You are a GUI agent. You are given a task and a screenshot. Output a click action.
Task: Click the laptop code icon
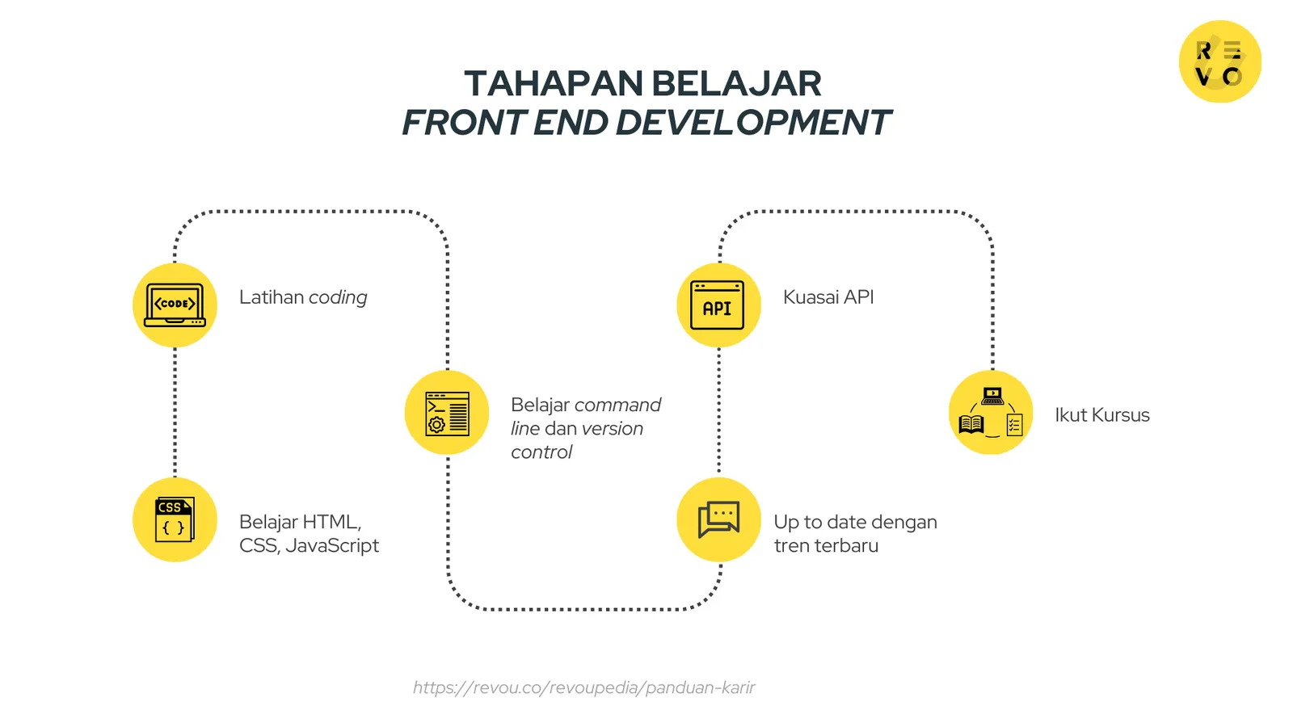[175, 305]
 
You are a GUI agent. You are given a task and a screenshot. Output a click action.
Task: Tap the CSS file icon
[175, 519]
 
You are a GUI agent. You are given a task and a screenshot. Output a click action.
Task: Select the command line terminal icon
[447, 413]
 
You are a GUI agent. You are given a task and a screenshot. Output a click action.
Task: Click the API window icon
[718, 305]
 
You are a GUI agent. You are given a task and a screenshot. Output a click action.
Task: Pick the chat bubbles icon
[718, 519]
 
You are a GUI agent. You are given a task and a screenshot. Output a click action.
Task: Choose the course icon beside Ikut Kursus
[991, 413]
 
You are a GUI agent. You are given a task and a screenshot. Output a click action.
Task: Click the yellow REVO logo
[1219, 62]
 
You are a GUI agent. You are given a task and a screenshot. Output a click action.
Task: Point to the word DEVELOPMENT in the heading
[752, 123]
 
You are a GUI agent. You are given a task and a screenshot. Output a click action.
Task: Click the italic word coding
[338, 297]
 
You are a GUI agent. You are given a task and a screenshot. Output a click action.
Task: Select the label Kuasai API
[828, 297]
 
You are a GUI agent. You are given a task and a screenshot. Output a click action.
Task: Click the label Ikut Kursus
[1101, 415]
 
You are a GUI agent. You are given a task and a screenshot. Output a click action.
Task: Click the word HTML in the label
[331, 522]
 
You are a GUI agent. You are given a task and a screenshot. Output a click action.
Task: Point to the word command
[618, 405]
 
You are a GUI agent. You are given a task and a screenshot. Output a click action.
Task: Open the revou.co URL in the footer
[583, 687]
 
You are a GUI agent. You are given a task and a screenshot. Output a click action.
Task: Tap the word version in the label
[612, 429]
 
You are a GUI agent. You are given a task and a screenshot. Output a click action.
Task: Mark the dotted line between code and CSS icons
[175, 412]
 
